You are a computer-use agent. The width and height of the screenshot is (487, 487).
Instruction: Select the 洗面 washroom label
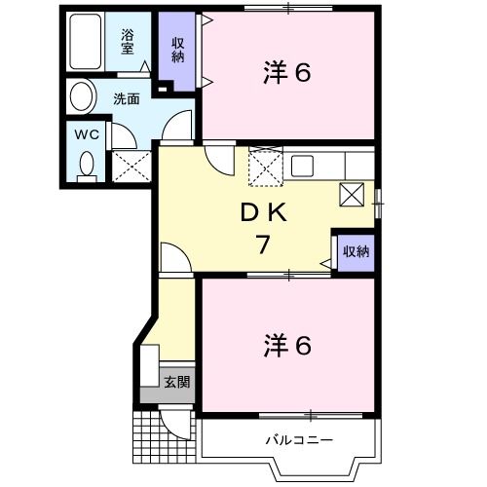[127, 97]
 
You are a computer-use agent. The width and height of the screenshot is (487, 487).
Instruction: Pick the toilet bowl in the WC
[87, 165]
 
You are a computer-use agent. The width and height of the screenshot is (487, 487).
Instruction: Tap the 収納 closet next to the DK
[355, 251]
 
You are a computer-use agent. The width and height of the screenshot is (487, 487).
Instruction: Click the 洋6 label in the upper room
[287, 72]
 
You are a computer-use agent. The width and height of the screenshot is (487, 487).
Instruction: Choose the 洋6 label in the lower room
[287, 345]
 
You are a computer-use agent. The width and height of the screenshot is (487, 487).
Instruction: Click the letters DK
[262, 211]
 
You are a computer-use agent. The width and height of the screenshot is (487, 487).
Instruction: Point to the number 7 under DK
[262, 244]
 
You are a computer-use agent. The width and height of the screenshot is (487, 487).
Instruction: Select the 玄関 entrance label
[176, 381]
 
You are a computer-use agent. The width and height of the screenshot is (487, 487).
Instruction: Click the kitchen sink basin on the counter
[302, 165]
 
